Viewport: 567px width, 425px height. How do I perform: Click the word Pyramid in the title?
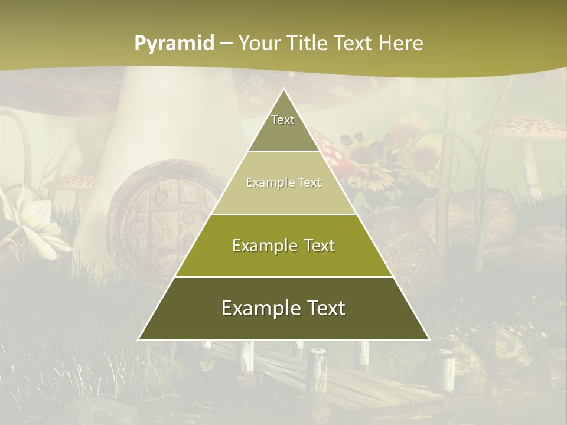[174, 44]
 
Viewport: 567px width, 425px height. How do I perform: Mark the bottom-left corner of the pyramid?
[139, 340]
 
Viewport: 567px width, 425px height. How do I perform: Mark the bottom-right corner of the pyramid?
[429, 340]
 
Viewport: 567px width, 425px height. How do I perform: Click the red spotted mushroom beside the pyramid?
[328, 148]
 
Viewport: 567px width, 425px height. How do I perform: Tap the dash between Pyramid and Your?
[226, 44]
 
